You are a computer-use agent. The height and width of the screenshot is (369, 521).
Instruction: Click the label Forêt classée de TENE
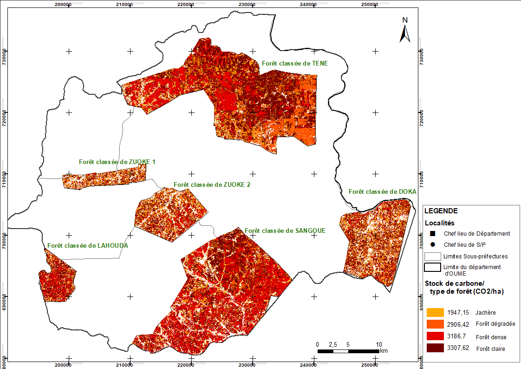coord(294,63)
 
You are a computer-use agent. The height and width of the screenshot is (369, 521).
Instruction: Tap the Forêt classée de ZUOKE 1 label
coord(117,162)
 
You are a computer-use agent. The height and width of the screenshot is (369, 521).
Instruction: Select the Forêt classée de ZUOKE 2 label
coord(212,184)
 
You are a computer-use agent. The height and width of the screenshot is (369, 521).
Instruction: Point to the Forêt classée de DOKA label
coord(382,191)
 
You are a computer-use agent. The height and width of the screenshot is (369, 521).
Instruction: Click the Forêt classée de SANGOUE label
coord(285,231)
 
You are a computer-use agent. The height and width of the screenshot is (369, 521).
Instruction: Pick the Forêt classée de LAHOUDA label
coord(87,245)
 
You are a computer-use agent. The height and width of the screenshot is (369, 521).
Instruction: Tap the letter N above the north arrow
coord(405,20)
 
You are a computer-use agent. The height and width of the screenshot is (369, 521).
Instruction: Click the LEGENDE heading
coord(441,211)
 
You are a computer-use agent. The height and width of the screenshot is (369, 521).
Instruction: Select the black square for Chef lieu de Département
coord(432,233)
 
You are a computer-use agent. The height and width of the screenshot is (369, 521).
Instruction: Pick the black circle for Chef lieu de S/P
coord(432,244)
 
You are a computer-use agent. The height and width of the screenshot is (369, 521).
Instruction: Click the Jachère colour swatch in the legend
coord(434,312)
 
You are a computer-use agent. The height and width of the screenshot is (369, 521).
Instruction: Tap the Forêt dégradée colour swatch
coord(434,324)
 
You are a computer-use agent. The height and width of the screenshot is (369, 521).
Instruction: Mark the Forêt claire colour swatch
coord(434,348)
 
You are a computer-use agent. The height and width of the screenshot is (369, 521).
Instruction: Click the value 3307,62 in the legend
coord(457,348)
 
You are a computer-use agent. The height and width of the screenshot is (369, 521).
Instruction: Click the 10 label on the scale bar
coord(379,344)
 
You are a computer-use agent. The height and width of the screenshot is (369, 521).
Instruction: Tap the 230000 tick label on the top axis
coord(246,5)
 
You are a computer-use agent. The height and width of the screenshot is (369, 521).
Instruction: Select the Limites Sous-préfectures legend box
coord(432,256)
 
